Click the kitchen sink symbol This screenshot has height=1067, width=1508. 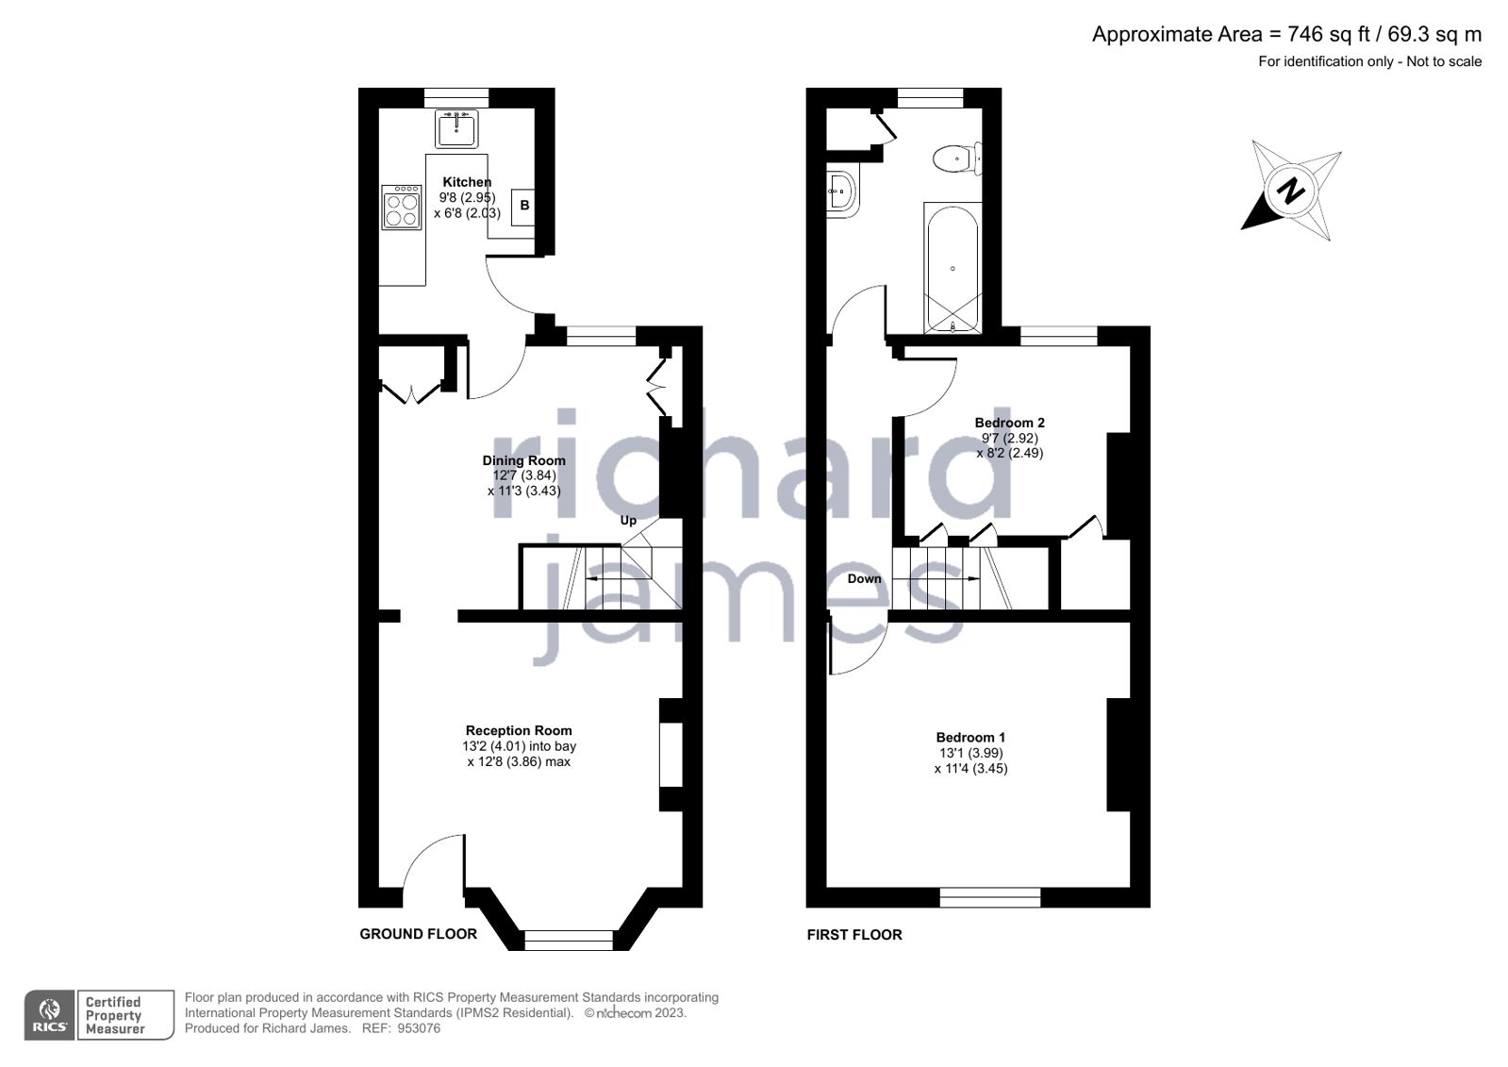[x=456, y=128]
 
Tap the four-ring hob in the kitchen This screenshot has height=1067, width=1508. [x=401, y=208]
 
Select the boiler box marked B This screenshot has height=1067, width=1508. [x=524, y=206]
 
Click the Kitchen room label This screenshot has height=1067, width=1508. [x=467, y=182]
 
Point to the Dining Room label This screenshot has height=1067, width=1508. [x=523, y=460]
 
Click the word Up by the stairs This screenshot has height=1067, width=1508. [x=628, y=520]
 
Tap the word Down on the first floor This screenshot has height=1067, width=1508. [x=864, y=578]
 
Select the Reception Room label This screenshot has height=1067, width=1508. [x=519, y=730]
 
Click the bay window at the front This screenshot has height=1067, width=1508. [x=568, y=940]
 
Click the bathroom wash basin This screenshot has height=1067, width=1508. [x=842, y=193]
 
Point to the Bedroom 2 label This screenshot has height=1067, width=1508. [x=1009, y=423]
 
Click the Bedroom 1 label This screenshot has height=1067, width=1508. [x=970, y=737]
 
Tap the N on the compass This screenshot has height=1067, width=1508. [x=1290, y=191]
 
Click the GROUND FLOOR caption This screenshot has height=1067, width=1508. [x=418, y=934]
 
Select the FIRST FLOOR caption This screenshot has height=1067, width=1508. [x=853, y=934]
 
